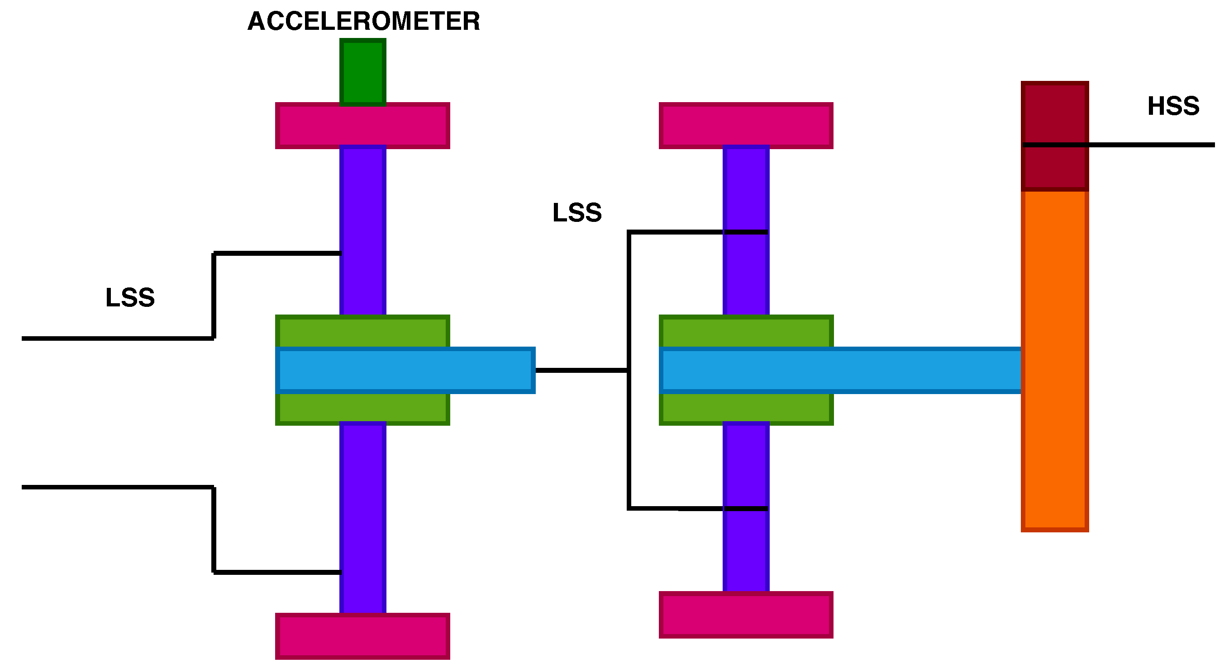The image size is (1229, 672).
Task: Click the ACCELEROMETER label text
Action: click(363, 21)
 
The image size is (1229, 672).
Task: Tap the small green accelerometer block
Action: click(362, 71)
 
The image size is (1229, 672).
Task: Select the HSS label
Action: click(1173, 106)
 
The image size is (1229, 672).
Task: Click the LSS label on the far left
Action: click(130, 297)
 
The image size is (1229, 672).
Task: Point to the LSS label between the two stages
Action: click(577, 212)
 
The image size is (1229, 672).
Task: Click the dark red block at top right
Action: click(1054, 114)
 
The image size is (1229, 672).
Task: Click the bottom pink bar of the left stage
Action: click(362, 636)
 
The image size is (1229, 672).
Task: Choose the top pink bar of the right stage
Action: click(746, 126)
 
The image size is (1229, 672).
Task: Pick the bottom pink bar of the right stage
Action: click(746, 615)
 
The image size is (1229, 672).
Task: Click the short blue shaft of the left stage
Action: click(405, 370)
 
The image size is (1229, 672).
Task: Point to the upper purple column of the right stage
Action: click(746, 191)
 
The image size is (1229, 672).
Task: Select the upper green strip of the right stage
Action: click(746, 332)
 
